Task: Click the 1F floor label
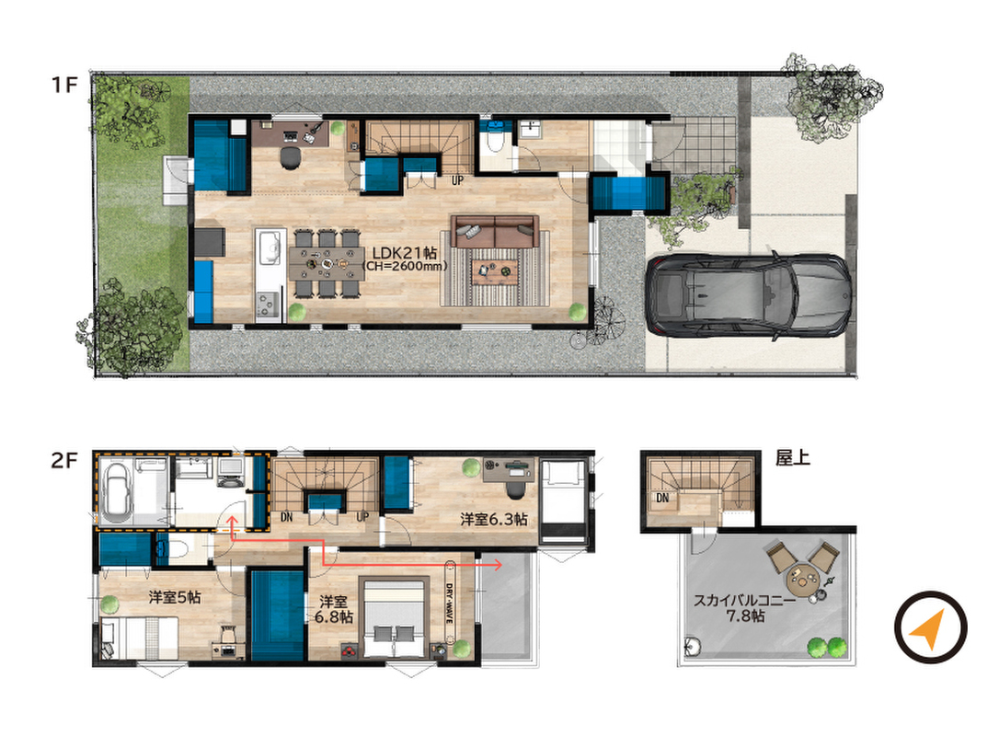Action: [x=64, y=84]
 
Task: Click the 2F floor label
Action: [x=64, y=459]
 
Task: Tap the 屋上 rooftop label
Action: [x=793, y=457]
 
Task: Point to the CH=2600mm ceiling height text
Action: [x=405, y=267]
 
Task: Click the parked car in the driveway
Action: [x=749, y=295]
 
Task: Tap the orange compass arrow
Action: [x=927, y=629]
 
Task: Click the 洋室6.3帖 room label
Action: [x=494, y=520]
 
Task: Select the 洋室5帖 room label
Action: [x=175, y=597]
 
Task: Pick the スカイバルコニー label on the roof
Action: [x=744, y=600]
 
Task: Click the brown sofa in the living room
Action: [x=495, y=231]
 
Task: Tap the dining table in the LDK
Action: [x=327, y=262]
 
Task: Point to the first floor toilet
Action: [x=494, y=140]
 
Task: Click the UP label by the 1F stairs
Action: [x=457, y=180]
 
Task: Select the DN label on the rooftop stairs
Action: [x=662, y=498]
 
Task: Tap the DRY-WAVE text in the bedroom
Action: [x=449, y=604]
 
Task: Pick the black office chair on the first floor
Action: [x=290, y=157]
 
